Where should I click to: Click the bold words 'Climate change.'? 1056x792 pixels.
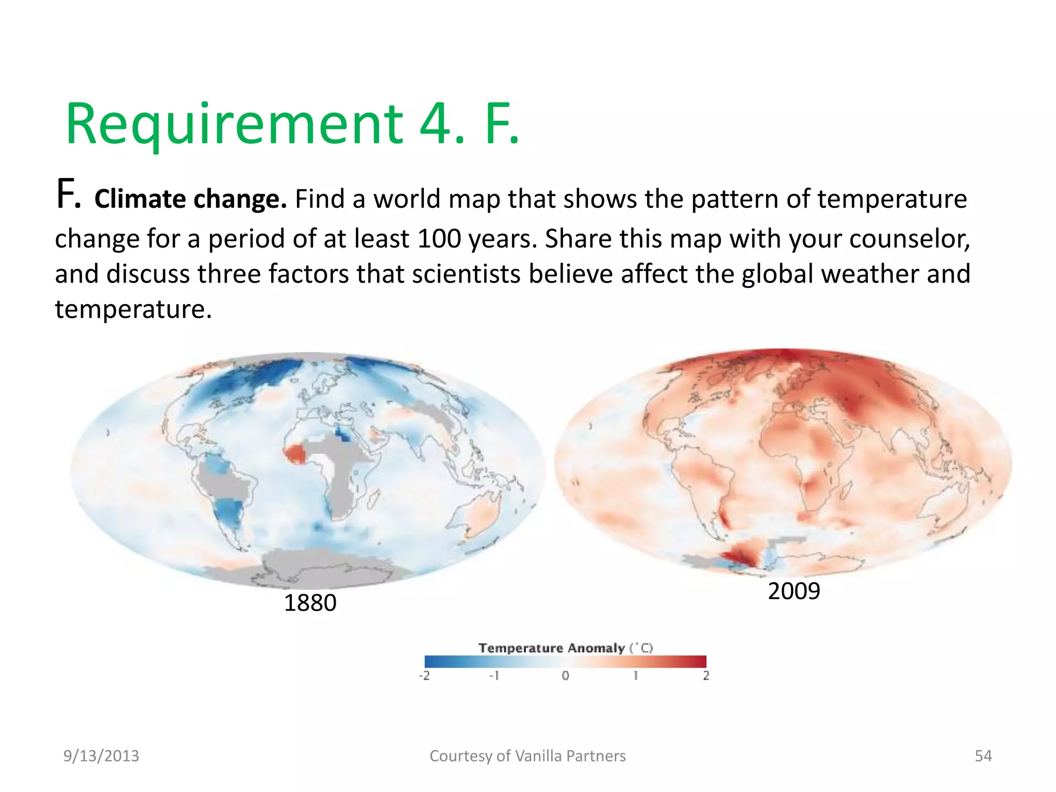pyautogui.click(x=190, y=199)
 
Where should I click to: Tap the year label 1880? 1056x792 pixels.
pyautogui.click(x=310, y=603)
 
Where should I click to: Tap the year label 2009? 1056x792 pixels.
pyautogui.click(x=794, y=591)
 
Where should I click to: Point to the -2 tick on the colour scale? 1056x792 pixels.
pyautogui.click(x=424, y=675)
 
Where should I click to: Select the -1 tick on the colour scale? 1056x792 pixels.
pyautogui.click(x=494, y=675)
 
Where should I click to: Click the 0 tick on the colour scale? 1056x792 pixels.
pyautogui.click(x=566, y=675)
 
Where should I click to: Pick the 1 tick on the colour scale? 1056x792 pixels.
pyautogui.click(x=636, y=675)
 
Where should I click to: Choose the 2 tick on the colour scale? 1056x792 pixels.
pyautogui.click(x=706, y=675)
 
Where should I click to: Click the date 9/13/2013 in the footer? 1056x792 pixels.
pyautogui.click(x=101, y=756)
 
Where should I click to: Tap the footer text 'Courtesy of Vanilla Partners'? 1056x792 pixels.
pyautogui.click(x=527, y=756)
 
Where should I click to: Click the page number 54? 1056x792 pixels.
pyautogui.click(x=983, y=756)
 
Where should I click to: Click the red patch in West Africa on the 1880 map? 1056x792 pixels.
pyautogui.click(x=295, y=454)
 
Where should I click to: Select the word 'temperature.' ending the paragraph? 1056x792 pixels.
pyautogui.click(x=134, y=309)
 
